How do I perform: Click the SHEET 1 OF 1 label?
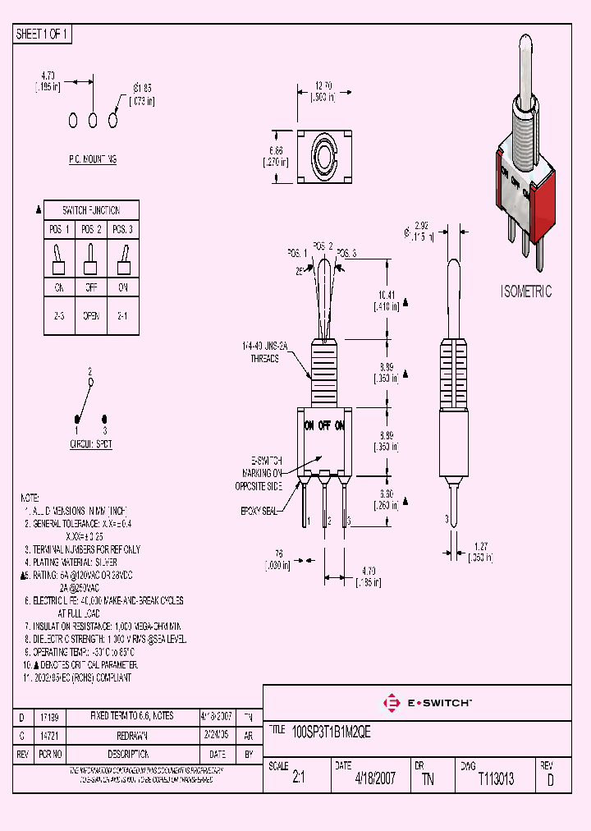click(43, 34)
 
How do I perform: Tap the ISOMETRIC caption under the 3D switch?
click(526, 292)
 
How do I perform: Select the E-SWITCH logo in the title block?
click(427, 703)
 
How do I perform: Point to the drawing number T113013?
click(496, 779)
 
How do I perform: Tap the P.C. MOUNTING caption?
click(92, 159)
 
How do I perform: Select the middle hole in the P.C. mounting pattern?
click(93, 120)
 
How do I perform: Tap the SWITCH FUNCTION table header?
click(92, 211)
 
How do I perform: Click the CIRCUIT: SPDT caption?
click(91, 444)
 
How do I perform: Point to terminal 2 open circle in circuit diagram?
click(91, 382)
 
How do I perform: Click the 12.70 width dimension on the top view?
click(323, 90)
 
